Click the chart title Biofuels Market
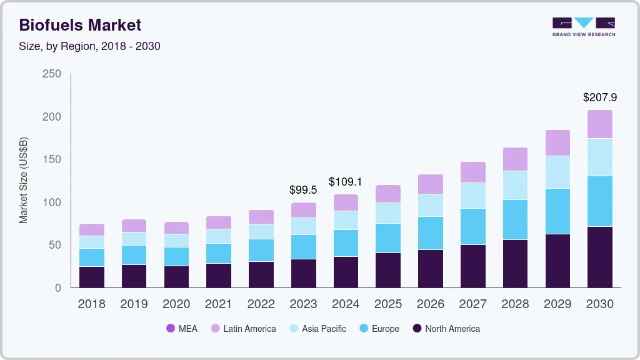pyautogui.click(x=80, y=25)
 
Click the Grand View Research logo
pyautogui.click(x=584, y=26)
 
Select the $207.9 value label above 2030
pyautogui.click(x=600, y=97)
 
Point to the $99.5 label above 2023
pyautogui.click(x=303, y=189)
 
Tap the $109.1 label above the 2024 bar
pyautogui.click(x=346, y=182)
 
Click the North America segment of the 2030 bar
pyautogui.click(x=600, y=257)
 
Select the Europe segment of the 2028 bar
pyautogui.click(x=515, y=219)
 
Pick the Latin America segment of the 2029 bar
pyautogui.click(x=557, y=142)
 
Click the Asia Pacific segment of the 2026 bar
pyautogui.click(x=430, y=205)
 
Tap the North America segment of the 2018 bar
pyautogui.click(x=92, y=277)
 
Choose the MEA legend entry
pyautogui.click(x=181, y=329)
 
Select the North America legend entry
pyautogui.click(x=446, y=329)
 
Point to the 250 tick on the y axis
pyautogui.click(x=52, y=74)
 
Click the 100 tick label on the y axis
pyautogui.click(x=52, y=202)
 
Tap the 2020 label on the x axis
pyautogui.click(x=176, y=304)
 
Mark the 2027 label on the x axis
pyautogui.click(x=472, y=304)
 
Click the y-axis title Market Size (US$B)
pyautogui.click(x=24, y=180)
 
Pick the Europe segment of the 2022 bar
pyautogui.click(x=261, y=250)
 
